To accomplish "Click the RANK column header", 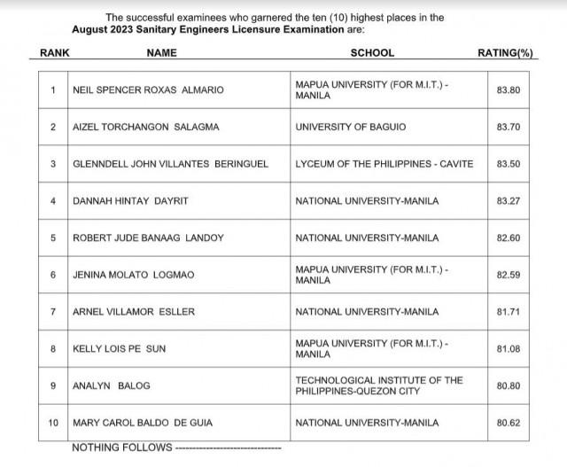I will point(55,53).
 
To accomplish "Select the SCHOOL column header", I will point(372,53).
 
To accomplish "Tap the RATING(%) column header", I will point(506,53).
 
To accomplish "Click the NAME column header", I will point(162,53).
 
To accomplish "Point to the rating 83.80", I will point(509,90).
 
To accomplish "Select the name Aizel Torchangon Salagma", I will point(134,127).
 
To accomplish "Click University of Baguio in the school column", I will point(350,127).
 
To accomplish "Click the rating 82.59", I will point(509,275).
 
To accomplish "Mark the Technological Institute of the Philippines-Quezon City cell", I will point(379,385).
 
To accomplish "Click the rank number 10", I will point(53,423).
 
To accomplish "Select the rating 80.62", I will point(509,423).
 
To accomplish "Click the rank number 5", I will point(53,237).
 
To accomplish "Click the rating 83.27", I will point(509,201).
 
